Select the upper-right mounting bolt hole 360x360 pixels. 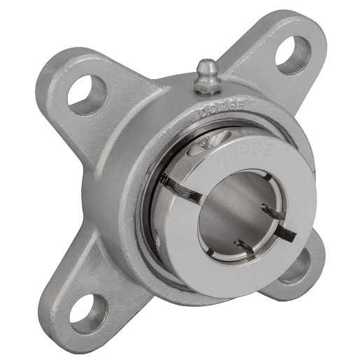pos(292,54)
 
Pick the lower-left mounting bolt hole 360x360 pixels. pos(89,314)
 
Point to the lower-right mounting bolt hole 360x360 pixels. pos(296,266)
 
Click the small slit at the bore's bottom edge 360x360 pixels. pos(245,245)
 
